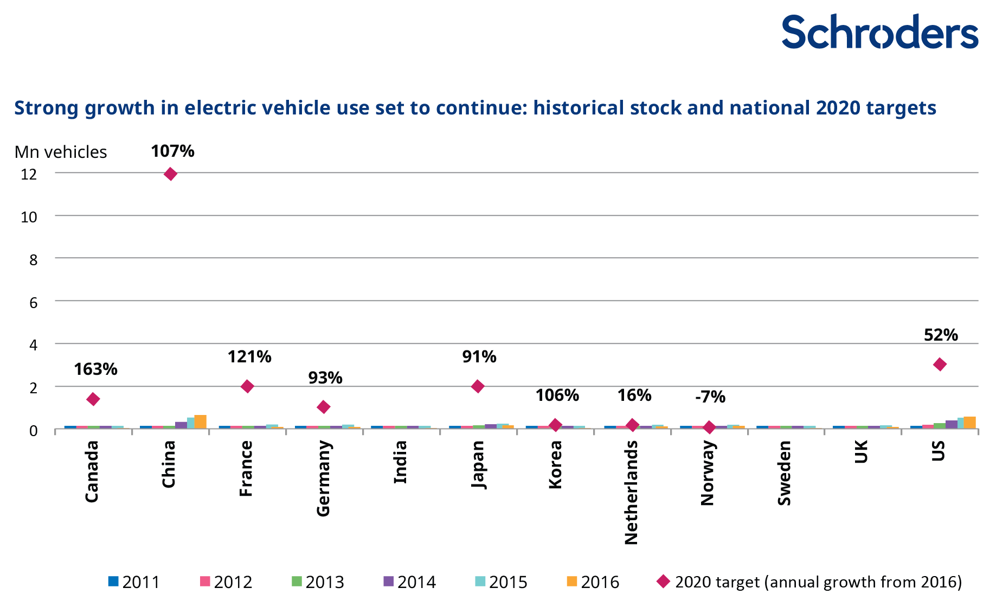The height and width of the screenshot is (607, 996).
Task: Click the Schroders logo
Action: click(x=879, y=32)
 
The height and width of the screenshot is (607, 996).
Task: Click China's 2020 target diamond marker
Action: click(x=170, y=174)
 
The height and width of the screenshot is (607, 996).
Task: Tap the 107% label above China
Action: click(x=172, y=151)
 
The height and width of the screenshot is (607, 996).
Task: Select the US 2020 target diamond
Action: click(x=940, y=365)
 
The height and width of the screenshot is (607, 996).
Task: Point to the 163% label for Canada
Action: click(x=95, y=369)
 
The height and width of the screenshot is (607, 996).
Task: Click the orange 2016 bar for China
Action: click(x=201, y=421)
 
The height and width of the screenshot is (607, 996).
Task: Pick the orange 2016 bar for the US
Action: click(x=969, y=423)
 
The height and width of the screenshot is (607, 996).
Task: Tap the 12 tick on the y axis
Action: click(x=29, y=174)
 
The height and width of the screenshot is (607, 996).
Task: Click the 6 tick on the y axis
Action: click(x=34, y=302)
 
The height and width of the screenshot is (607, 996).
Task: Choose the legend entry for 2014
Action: click(x=409, y=582)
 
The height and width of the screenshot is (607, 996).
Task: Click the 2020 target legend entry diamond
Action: click(x=663, y=582)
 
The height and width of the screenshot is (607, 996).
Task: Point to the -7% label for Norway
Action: click(x=710, y=397)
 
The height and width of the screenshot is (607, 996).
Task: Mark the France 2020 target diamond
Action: click(x=247, y=387)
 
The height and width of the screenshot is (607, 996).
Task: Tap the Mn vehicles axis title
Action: click(x=61, y=152)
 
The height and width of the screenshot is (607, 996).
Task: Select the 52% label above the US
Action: click(x=941, y=335)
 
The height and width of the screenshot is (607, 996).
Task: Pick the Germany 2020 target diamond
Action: click(x=324, y=407)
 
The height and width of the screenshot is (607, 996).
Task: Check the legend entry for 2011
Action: click(x=134, y=582)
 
